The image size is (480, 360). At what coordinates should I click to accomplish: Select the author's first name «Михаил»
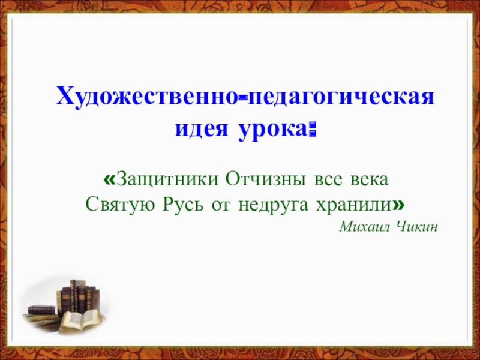[x=364, y=227]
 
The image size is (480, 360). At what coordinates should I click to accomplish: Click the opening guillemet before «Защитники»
[x=109, y=180]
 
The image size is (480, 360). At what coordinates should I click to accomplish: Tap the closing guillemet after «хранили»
[x=398, y=205]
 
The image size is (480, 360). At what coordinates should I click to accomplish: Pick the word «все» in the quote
[x=324, y=179]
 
